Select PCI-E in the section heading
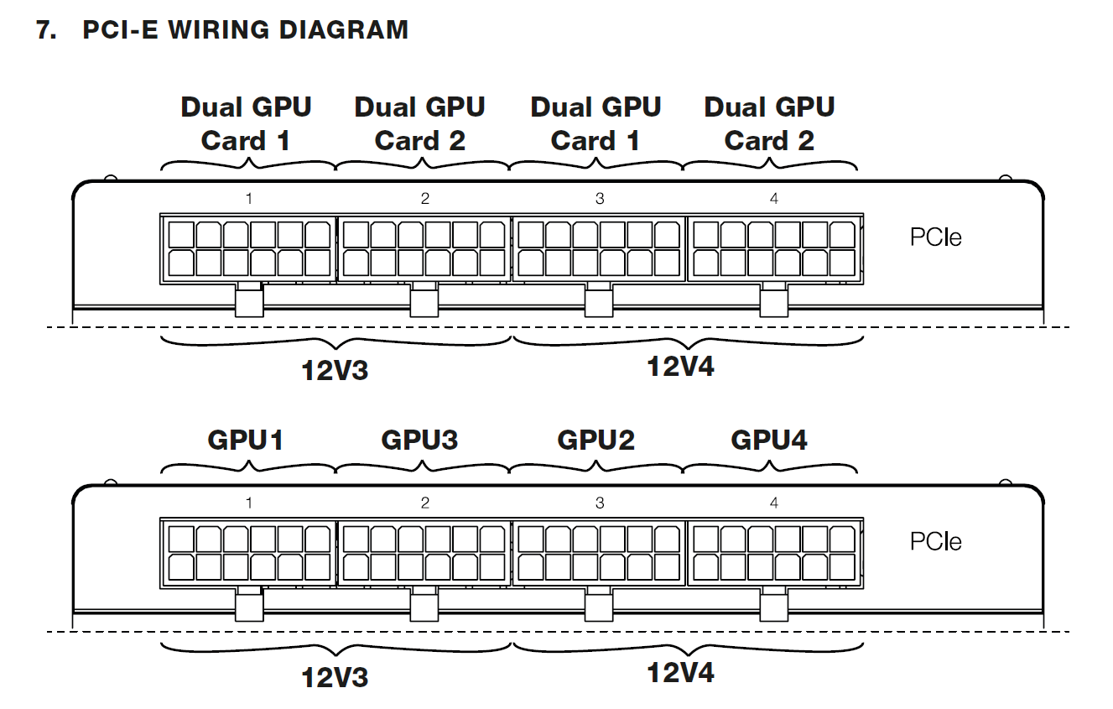[121, 31]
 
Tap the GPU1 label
[246, 439]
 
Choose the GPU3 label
[419, 439]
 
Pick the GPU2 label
[596, 439]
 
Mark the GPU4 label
[769, 439]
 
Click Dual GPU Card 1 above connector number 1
[246, 123]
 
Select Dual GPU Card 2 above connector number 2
[419, 123]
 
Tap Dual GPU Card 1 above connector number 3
[596, 123]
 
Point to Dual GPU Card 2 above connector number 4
[769, 123]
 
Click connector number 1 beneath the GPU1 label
[249, 503]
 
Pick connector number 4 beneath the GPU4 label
[774, 503]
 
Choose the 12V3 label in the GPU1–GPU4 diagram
[335, 676]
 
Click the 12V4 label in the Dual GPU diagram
[680, 367]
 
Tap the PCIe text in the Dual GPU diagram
[935, 237]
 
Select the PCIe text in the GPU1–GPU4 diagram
[935, 542]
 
